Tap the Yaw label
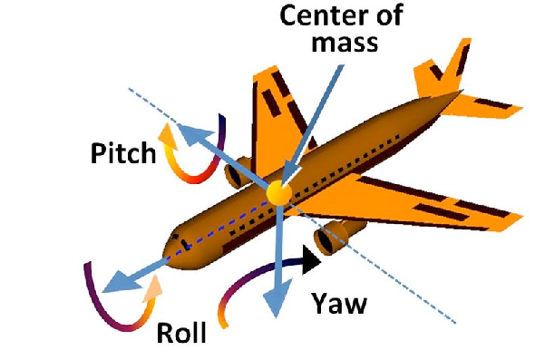pos(338,303)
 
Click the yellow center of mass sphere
pos(277,191)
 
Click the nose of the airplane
pos(169,245)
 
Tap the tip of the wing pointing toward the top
pos(259,74)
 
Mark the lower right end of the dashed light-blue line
pos(453,321)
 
